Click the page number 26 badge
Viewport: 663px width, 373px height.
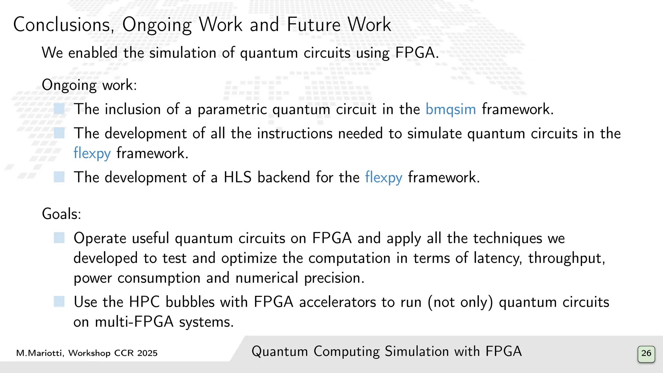[646, 354]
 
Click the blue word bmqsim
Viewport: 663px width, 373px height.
[450, 109]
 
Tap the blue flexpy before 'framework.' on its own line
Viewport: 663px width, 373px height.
[92, 153]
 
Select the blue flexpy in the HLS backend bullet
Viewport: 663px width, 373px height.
[384, 177]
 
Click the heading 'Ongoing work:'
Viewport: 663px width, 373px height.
[89, 85]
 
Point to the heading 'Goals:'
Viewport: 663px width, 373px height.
[62, 214]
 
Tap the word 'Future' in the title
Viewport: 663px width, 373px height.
[314, 25]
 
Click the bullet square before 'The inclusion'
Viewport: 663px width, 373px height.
[59, 109]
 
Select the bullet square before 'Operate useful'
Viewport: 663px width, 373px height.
[59, 238]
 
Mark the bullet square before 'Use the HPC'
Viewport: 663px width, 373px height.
[59, 302]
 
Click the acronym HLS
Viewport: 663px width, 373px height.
[237, 177]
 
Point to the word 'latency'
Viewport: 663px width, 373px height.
[497, 258]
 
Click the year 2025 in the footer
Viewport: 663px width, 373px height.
[147, 353]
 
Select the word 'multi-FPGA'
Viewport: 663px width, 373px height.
[134, 322]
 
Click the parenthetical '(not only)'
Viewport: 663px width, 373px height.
[460, 302]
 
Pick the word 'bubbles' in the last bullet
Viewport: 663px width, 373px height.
[190, 302]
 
